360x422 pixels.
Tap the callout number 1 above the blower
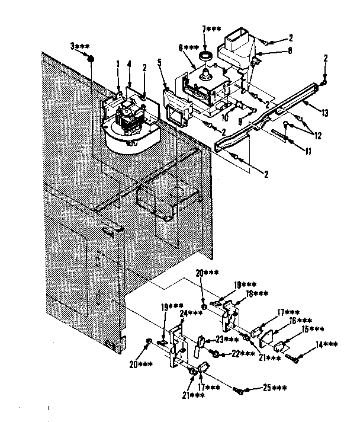click(117, 63)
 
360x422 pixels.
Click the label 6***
click(189, 48)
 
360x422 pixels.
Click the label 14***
click(327, 344)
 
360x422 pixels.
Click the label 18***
click(257, 293)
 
